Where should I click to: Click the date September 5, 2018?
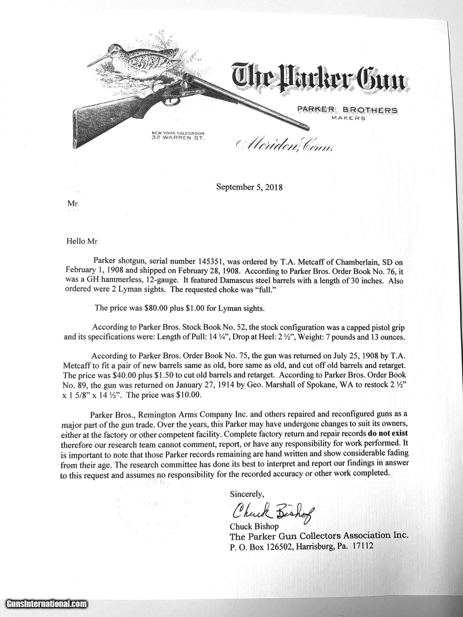(249, 187)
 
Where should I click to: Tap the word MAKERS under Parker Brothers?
(348, 118)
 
